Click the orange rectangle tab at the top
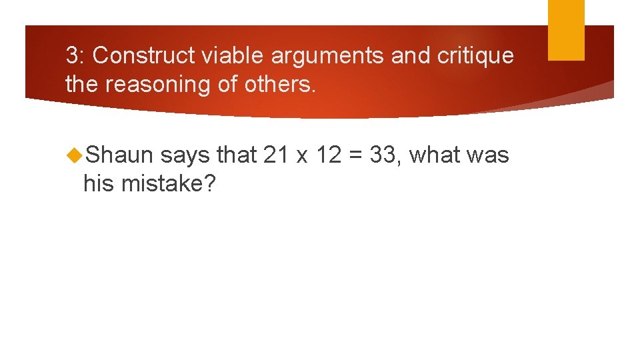point(566,30)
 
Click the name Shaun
point(120,155)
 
